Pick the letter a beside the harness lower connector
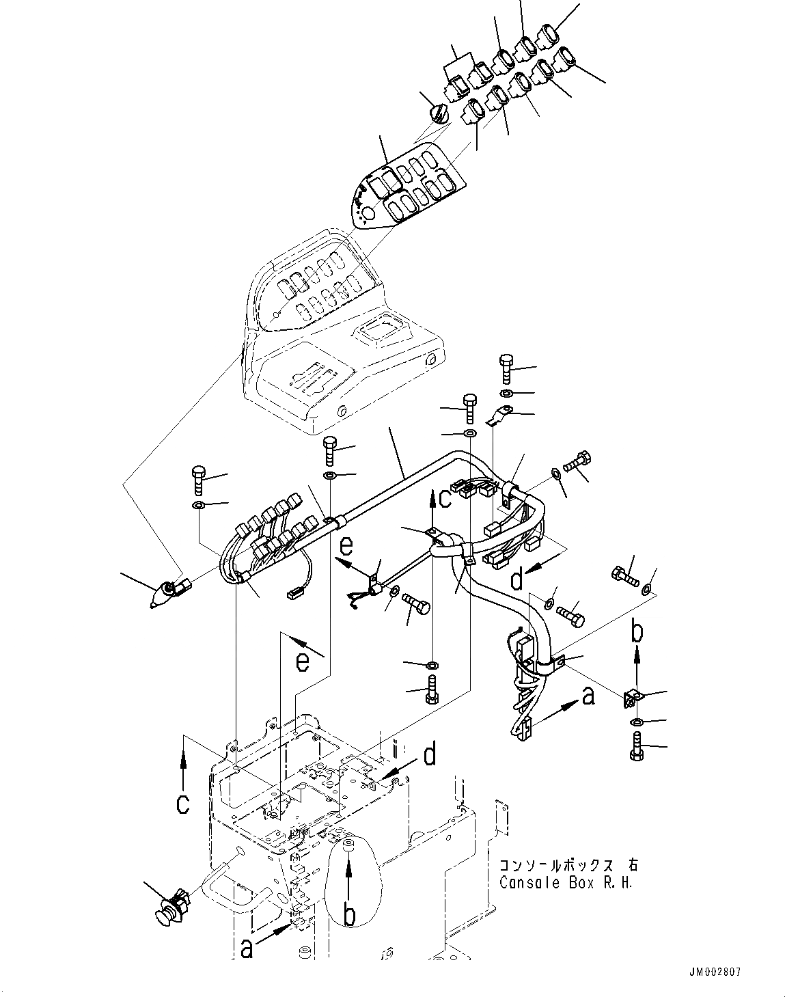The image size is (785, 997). click(588, 698)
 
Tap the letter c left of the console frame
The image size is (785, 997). click(182, 803)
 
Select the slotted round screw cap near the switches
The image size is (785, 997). click(439, 111)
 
